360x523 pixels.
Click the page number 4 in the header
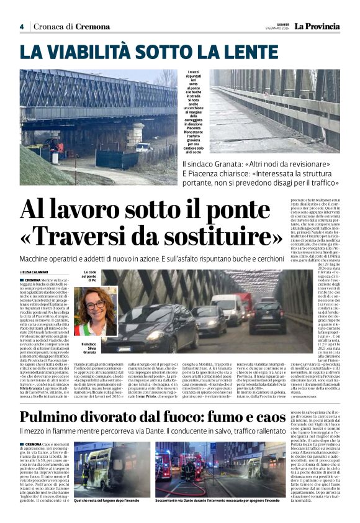(21, 26)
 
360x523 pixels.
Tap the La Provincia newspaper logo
(317, 26)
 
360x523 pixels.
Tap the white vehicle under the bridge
(144, 147)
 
